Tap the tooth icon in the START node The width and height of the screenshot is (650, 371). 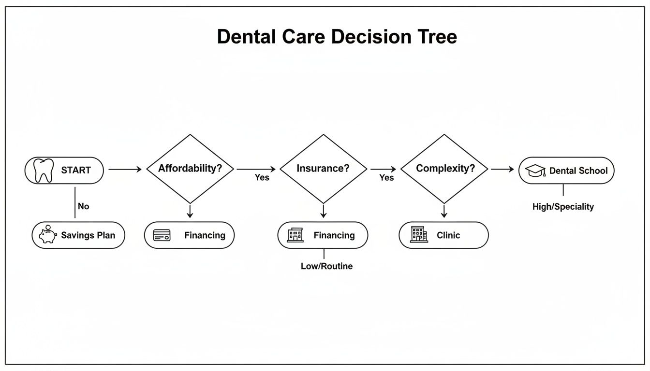coord(44,170)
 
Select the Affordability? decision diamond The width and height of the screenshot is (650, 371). coord(190,169)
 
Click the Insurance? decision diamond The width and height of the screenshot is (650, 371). coord(324,169)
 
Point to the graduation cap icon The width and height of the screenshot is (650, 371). coord(535,171)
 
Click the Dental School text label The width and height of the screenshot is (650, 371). coord(578,171)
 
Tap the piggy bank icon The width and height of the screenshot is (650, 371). coord(48,235)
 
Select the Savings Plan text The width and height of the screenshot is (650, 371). coord(88,235)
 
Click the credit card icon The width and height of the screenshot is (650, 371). coord(162,235)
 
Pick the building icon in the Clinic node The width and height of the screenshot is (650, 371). coord(419,235)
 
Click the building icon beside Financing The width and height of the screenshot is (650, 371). coord(295,235)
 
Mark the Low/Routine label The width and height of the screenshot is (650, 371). coord(326,266)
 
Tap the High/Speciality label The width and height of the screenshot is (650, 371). coord(563,207)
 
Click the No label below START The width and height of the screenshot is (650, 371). coord(83,206)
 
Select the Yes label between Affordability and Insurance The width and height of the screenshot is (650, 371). coord(262,178)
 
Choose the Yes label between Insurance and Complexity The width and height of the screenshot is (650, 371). coord(386,178)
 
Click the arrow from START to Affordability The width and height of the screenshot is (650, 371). coord(125,169)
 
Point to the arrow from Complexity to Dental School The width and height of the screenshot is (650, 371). coord(503,169)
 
